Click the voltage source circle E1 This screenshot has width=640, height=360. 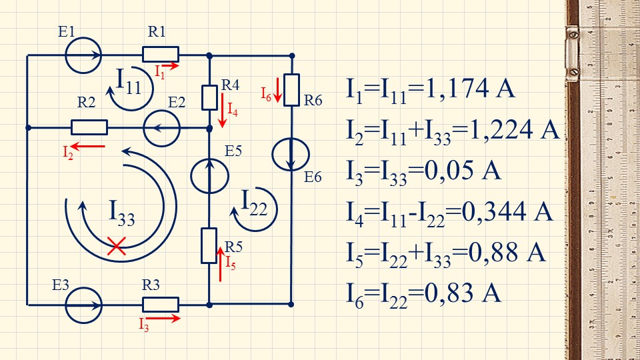point(83,55)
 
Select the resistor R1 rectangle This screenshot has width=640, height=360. point(161,55)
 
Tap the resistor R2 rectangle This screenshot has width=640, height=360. point(89,127)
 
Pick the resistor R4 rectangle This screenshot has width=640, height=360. point(209,97)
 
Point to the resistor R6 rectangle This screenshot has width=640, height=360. point(292,85)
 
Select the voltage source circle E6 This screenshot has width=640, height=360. point(292,154)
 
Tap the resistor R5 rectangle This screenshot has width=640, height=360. point(209,245)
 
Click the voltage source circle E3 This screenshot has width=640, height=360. point(83,304)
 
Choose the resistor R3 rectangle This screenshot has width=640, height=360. point(161,304)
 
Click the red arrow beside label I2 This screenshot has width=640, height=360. point(89,145)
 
